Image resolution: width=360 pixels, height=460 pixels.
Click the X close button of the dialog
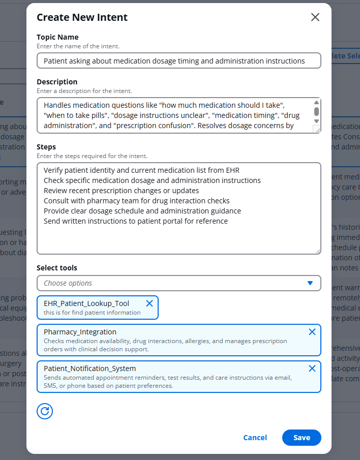tap(315, 17)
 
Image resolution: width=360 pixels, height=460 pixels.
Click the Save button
tap(302, 438)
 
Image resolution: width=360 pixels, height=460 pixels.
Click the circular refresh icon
tap(45, 411)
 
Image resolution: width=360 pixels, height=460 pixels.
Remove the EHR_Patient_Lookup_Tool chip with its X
tap(149, 303)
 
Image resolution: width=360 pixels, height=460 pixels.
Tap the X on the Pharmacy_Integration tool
tap(312, 332)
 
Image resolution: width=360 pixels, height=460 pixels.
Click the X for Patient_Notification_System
tap(312, 369)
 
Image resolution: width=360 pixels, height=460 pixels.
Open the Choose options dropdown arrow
tap(310, 283)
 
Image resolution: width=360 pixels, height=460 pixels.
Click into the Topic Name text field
tap(178, 61)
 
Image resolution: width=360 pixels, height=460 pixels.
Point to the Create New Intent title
tap(82, 17)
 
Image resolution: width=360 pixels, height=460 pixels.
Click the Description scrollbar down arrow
tap(316, 121)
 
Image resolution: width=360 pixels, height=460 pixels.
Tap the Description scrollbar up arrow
tap(316, 102)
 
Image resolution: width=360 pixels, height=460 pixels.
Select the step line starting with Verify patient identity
tap(141, 170)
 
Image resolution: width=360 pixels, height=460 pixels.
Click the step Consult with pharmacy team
tap(136, 201)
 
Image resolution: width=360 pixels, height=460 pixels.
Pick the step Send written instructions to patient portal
tap(135, 221)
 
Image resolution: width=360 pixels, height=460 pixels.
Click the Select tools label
tap(57, 268)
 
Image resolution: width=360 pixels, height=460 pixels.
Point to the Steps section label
tap(46, 147)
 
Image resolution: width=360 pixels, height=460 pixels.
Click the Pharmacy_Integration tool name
tap(80, 332)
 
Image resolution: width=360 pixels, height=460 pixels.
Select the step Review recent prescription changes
tap(121, 191)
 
